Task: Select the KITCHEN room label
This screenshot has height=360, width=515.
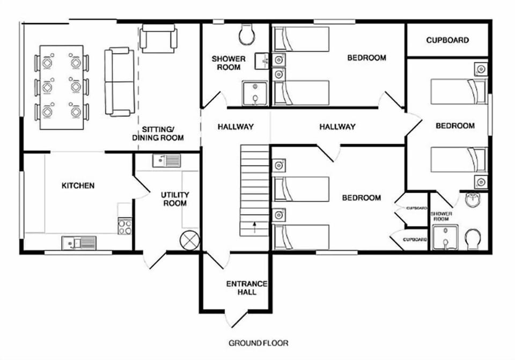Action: click(78, 186)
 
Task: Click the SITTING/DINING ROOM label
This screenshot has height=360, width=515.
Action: click(158, 134)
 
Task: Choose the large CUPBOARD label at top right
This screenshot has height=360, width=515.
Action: click(447, 40)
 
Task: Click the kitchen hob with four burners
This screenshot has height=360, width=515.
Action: click(124, 226)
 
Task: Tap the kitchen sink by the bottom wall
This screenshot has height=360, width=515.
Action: click(79, 243)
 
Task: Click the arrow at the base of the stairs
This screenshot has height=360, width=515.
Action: click(255, 225)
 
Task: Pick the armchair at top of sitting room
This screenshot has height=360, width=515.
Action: click(158, 39)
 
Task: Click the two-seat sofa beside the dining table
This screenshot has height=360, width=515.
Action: click(117, 82)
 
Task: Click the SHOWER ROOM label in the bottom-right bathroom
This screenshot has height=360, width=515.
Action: click(441, 216)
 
